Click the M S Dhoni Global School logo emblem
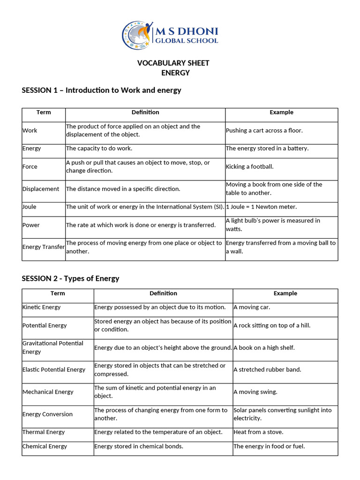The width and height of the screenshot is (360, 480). pyautogui.click(x=137, y=36)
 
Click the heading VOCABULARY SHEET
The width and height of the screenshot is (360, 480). pyautogui.click(x=173, y=63)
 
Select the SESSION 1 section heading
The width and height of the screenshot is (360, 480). pyautogui.click(x=101, y=90)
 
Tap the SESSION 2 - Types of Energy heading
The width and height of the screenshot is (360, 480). pyautogui.click(x=70, y=278)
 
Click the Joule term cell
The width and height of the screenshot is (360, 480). pyautogui.click(x=30, y=207)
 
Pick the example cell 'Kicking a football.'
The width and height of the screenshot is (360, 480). pyautogui.click(x=249, y=167)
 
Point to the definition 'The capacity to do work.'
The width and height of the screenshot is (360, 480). pyautogui.click(x=99, y=149)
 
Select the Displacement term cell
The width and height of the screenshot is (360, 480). pyautogui.click(x=41, y=189)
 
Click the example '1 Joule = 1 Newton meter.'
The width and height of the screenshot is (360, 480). pyautogui.click(x=261, y=207)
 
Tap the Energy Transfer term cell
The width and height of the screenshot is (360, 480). pyautogui.click(x=43, y=247)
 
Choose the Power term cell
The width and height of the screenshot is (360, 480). pyautogui.click(x=31, y=225)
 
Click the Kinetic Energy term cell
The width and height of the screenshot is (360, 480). pyautogui.click(x=41, y=307)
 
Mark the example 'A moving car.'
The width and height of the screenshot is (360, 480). pyautogui.click(x=252, y=307)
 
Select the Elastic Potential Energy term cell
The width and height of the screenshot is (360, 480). pyautogui.click(x=54, y=369)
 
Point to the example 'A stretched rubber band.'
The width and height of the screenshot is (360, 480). pyautogui.click(x=267, y=369)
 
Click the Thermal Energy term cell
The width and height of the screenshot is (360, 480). pyautogui.click(x=44, y=432)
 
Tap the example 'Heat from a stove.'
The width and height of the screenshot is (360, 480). pyautogui.click(x=258, y=432)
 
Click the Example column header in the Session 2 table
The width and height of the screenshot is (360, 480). pyautogui.click(x=285, y=293)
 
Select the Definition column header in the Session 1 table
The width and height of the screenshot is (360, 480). pyautogui.click(x=145, y=112)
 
